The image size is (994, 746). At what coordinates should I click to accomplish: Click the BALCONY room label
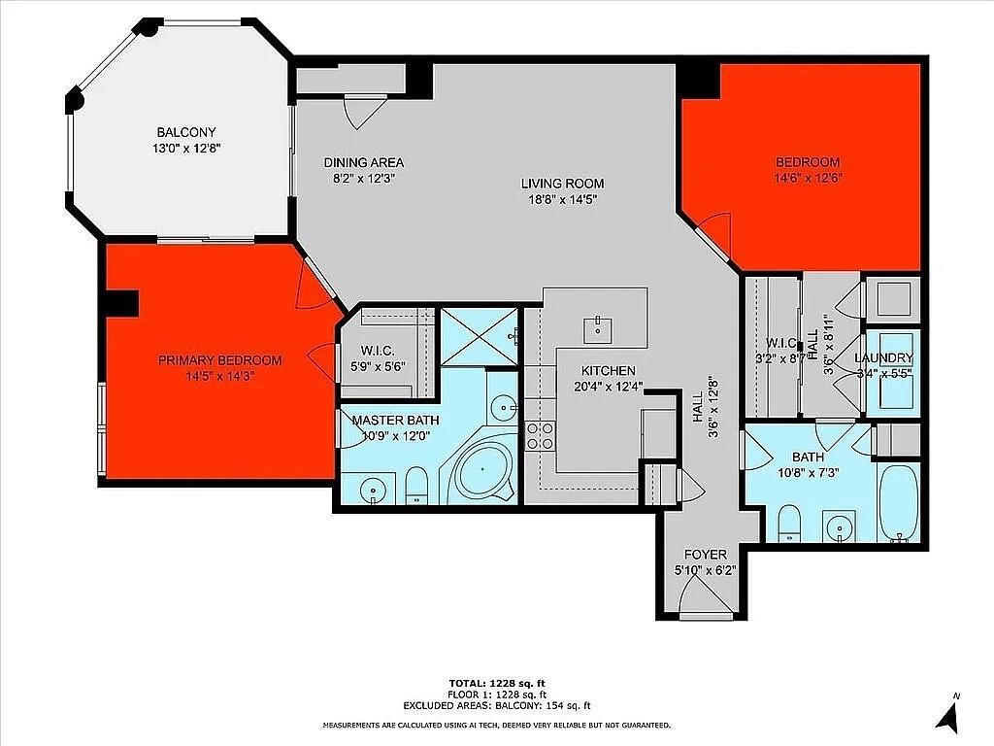(x=186, y=132)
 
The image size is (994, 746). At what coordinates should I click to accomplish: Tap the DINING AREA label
(x=364, y=162)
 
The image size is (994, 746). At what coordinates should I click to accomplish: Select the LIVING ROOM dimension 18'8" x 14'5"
(x=562, y=199)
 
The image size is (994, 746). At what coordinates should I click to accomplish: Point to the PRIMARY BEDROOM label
(x=220, y=360)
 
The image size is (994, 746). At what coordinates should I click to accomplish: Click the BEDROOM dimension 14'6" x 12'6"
(x=807, y=178)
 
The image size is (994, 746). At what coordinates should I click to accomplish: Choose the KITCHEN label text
(x=609, y=370)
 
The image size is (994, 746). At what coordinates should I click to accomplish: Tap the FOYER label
(x=706, y=555)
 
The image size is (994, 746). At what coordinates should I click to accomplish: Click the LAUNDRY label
(x=883, y=357)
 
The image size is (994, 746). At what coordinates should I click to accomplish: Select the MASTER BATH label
(x=395, y=420)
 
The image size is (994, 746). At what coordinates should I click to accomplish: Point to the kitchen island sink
(x=598, y=329)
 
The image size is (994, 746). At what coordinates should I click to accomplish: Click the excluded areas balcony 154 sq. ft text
(x=497, y=706)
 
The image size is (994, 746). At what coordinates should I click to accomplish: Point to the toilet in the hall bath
(x=789, y=521)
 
